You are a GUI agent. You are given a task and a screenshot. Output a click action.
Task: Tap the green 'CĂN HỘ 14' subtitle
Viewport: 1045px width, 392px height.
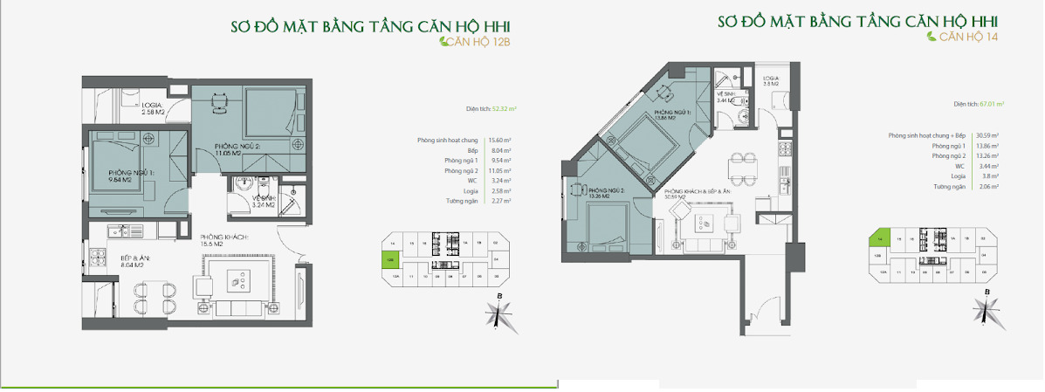pos(963,38)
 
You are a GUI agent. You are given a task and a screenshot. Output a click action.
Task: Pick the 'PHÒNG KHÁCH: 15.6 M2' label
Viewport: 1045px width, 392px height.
pos(224,242)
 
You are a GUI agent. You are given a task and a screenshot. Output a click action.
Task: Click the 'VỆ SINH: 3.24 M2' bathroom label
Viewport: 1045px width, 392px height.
pos(263,203)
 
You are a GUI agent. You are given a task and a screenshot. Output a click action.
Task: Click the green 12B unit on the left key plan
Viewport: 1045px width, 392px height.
pos(387,258)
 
